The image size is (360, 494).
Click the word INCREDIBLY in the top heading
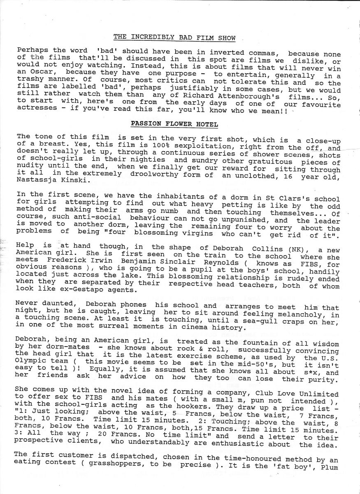click(x=149, y=38)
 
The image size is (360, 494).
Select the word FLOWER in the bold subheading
click(x=174, y=123)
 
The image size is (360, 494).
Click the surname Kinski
click(x=80, y=180)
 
